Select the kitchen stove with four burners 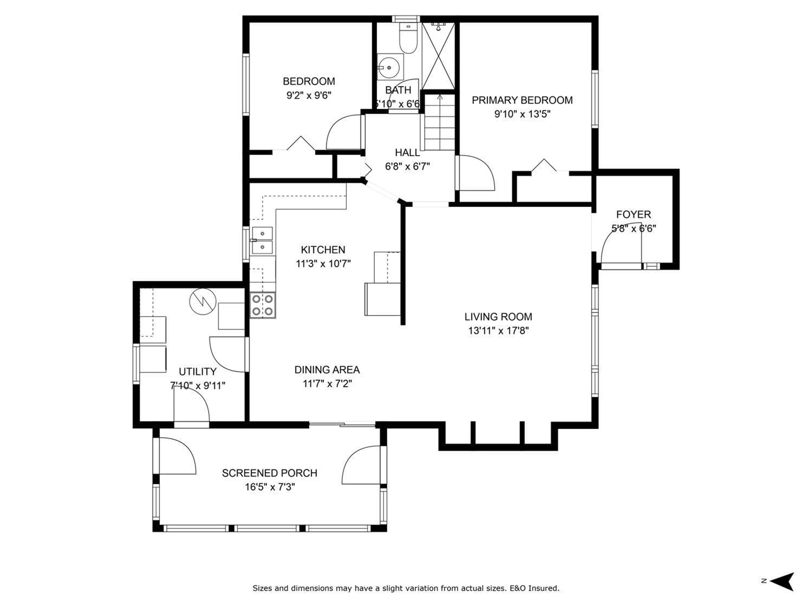click(x=262, y=305)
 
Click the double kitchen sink click(x=262, y=240)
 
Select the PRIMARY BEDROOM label click(x=522, y=100)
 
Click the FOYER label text click(x=633, y=214)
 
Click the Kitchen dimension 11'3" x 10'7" click(x=323, y=263)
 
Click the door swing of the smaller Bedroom click(x=343, y=132)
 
